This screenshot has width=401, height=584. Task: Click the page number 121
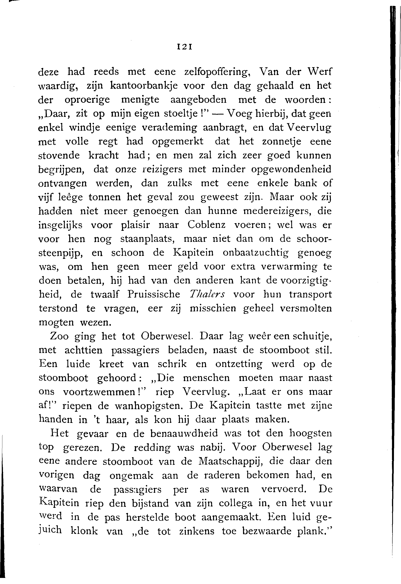(x=185, y=47)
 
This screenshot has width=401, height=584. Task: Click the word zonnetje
(x=281, y=142)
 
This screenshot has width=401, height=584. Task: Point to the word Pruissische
(x=154, y=294)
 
